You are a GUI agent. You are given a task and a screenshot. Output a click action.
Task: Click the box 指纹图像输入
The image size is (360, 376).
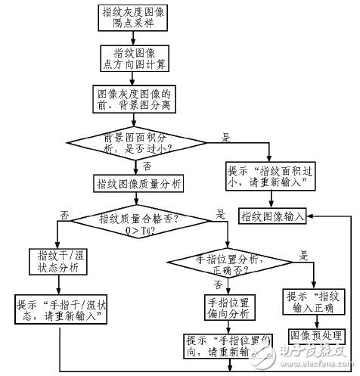tap(272, 216)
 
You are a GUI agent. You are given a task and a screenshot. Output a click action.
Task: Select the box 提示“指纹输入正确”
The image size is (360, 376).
tap(314, 302)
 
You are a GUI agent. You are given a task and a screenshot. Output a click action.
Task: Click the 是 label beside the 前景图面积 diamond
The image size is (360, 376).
tap(225, 138)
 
